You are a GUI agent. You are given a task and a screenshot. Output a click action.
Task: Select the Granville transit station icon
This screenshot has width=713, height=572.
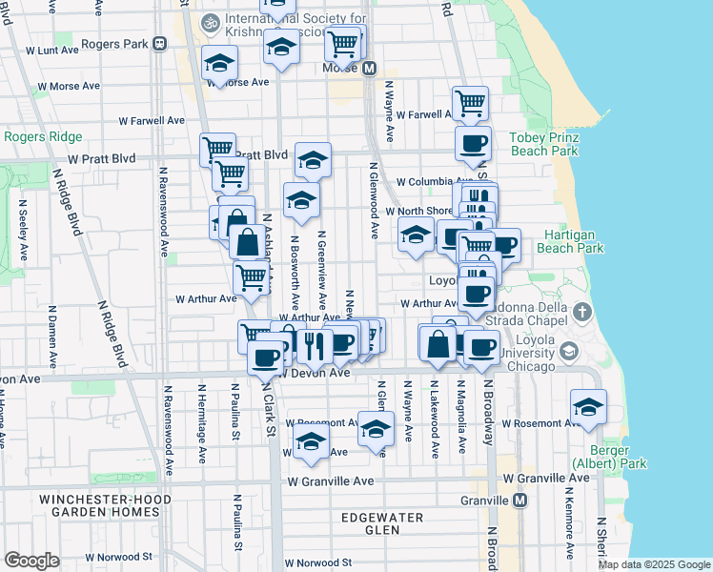pyautogui.click(x=519, y=500)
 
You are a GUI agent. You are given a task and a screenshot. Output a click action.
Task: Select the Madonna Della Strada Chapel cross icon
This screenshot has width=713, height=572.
pyautogui.click(x=582, y=313)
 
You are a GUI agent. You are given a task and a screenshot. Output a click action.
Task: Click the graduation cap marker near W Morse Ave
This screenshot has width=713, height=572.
pyautogui.click(x=220, y=65)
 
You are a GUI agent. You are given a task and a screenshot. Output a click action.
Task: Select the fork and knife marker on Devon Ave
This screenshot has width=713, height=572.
pyautogui.click(x=312, y=345)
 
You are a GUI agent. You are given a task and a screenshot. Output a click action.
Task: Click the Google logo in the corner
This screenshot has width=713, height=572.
pyautogui.click(x=31, y=561)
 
